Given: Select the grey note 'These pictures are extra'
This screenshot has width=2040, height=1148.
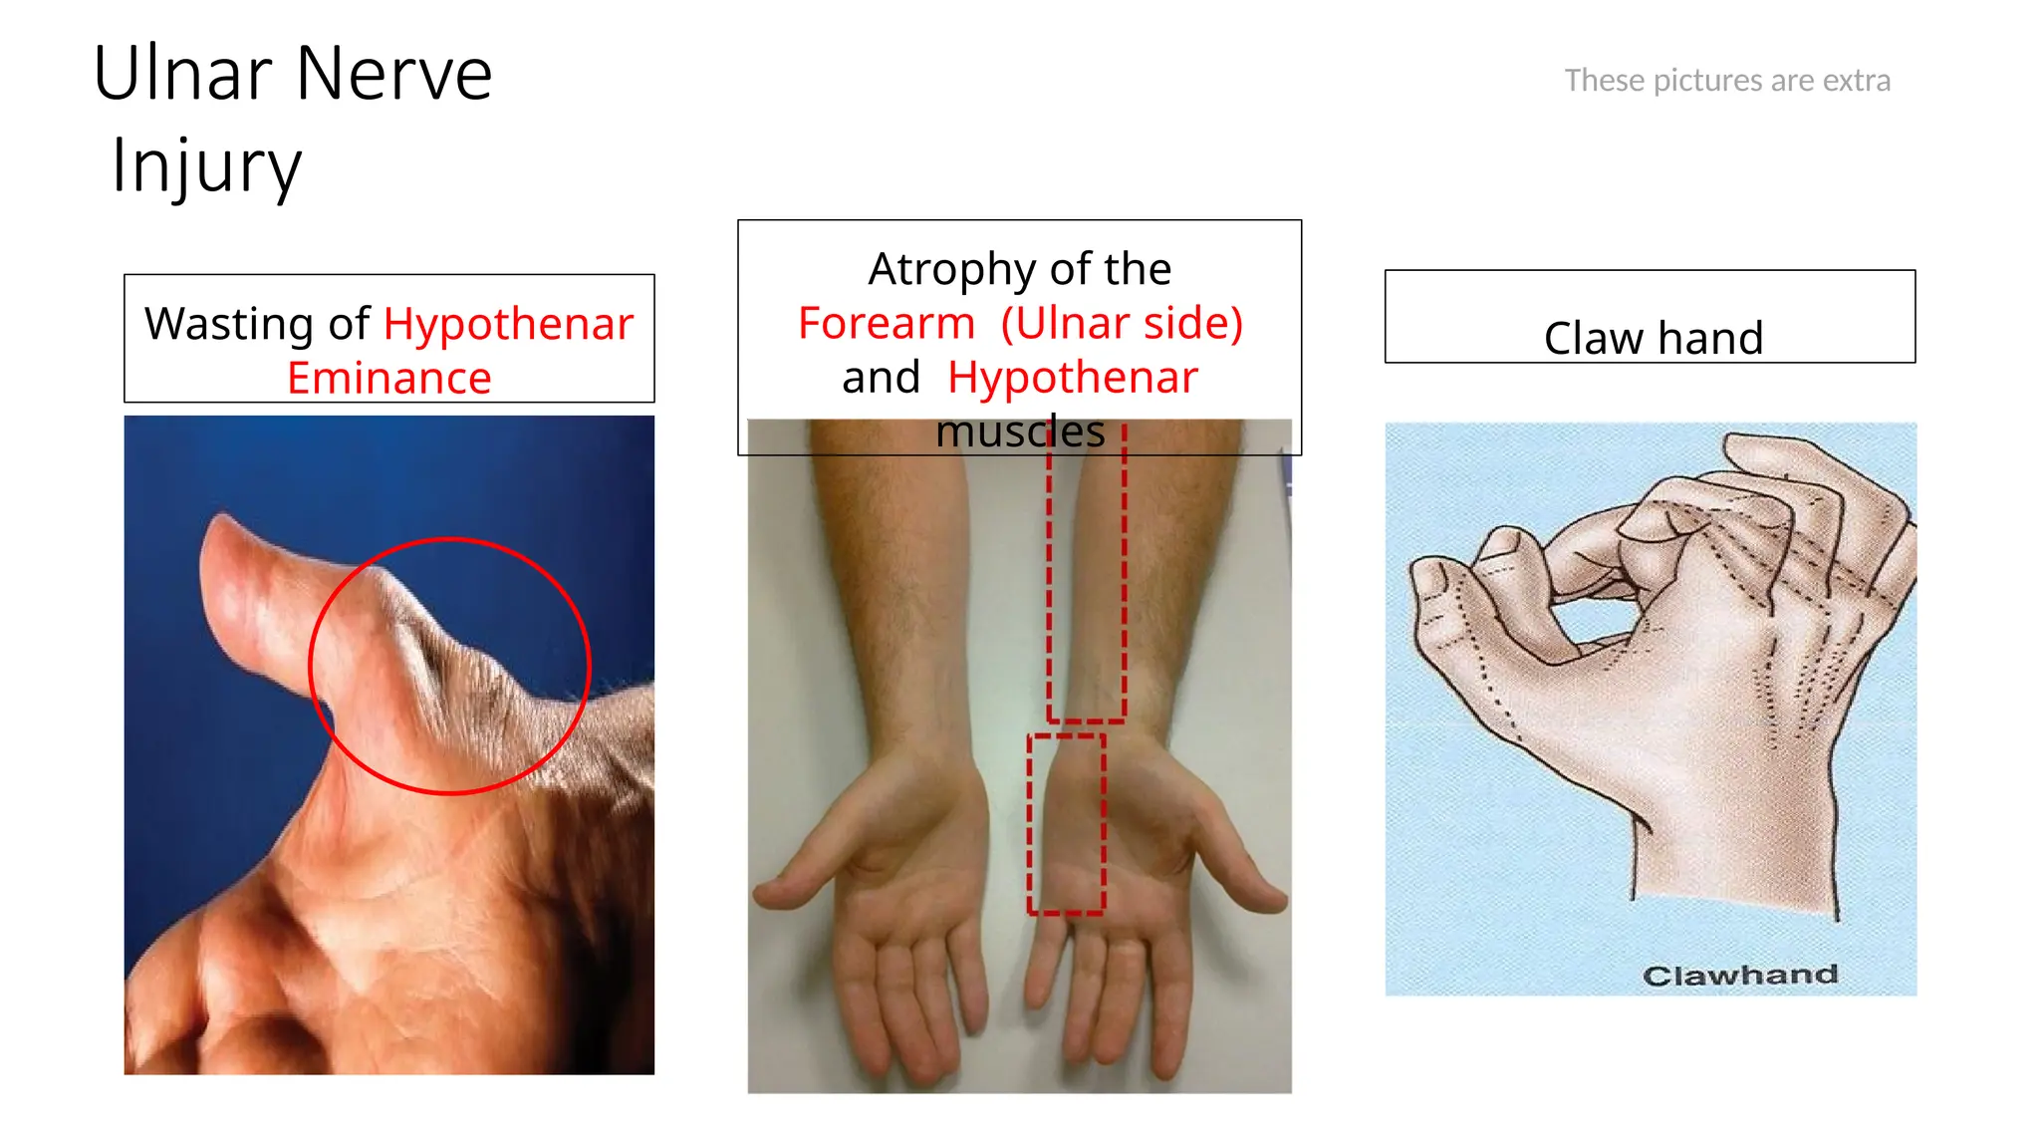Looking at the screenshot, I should pos(1726,81).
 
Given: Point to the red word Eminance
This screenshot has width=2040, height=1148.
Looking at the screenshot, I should pos(388,379).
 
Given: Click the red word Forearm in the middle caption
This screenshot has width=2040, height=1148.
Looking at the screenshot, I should pos(886,324).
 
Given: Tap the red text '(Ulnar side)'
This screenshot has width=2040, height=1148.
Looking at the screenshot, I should pos(1122,324).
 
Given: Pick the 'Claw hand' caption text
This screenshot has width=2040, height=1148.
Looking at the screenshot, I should pos(1653,339).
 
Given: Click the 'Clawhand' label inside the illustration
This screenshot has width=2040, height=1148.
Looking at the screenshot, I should pos(1739,975).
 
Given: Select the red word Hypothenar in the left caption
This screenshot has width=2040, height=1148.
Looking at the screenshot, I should pos(508,324).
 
